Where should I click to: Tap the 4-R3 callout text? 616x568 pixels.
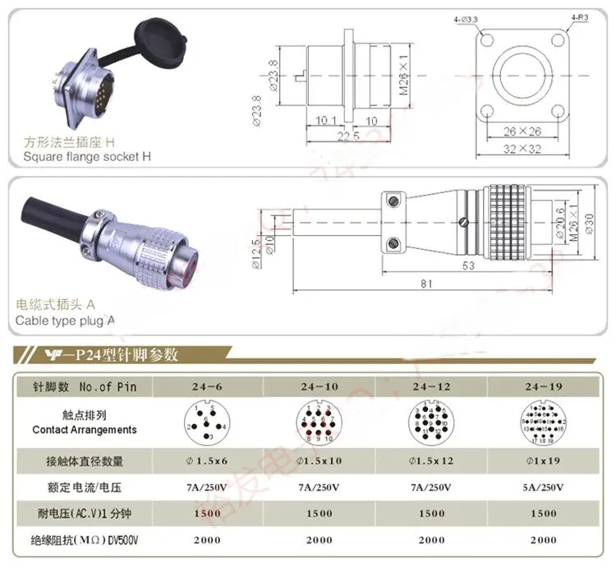(x=580, y=17)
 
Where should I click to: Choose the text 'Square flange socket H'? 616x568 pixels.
(x=87, y=156)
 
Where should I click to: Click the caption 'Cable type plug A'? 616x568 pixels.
(x=69, y=321)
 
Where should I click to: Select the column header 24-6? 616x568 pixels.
(x=205, y=386)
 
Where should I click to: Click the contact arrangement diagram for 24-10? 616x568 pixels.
(x=318, y=424)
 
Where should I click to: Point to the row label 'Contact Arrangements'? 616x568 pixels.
(x=85, y=430)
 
